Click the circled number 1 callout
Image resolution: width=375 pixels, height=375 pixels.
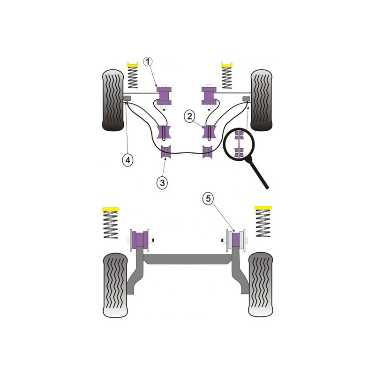click(148, 62)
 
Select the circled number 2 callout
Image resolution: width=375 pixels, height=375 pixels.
click(189, 116)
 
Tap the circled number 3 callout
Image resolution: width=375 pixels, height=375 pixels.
click(162, 183)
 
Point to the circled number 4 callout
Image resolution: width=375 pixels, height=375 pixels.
click(128, 160)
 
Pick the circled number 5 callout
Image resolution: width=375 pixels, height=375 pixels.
click(208, 198)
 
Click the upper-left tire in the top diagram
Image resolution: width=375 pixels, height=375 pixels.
click(113, 100)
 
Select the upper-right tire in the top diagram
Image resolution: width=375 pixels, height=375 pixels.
click(262, 100)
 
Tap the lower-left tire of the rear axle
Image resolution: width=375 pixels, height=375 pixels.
click(115, 285)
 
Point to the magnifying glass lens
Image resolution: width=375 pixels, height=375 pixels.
click(239, 143)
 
